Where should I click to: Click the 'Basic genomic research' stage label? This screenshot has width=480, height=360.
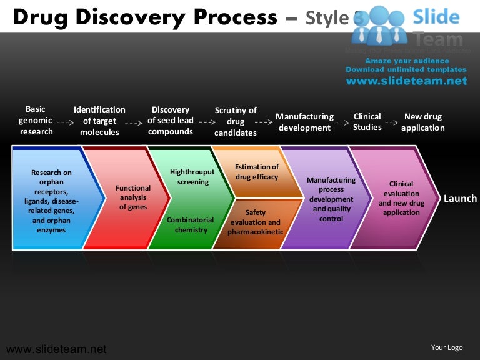[x=36, y=121]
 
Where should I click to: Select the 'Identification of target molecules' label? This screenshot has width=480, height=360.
[x=99, y=121]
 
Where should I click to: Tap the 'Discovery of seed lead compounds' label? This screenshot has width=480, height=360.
[x=171, y=121]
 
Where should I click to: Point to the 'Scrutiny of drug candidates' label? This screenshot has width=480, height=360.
[x=236, y=121]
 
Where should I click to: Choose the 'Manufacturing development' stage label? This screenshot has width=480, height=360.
[x=304, y=122]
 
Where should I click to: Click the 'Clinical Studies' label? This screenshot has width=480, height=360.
[x=367, y=122]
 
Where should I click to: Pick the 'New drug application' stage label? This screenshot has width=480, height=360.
[x=423, y=122]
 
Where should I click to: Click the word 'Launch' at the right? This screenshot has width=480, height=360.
[x=460, y=199]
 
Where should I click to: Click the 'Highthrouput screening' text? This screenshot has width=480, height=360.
[x=192, y=177]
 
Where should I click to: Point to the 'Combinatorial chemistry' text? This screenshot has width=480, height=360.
[x=191, y=225]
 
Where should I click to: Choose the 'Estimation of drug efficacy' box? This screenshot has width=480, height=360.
[x=256, y=172]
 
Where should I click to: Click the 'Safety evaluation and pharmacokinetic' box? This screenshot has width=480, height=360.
[x=255, y=222]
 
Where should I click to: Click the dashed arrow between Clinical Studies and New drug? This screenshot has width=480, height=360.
[x=391, y=122]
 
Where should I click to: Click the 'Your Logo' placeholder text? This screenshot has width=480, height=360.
[x=447, y=347]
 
